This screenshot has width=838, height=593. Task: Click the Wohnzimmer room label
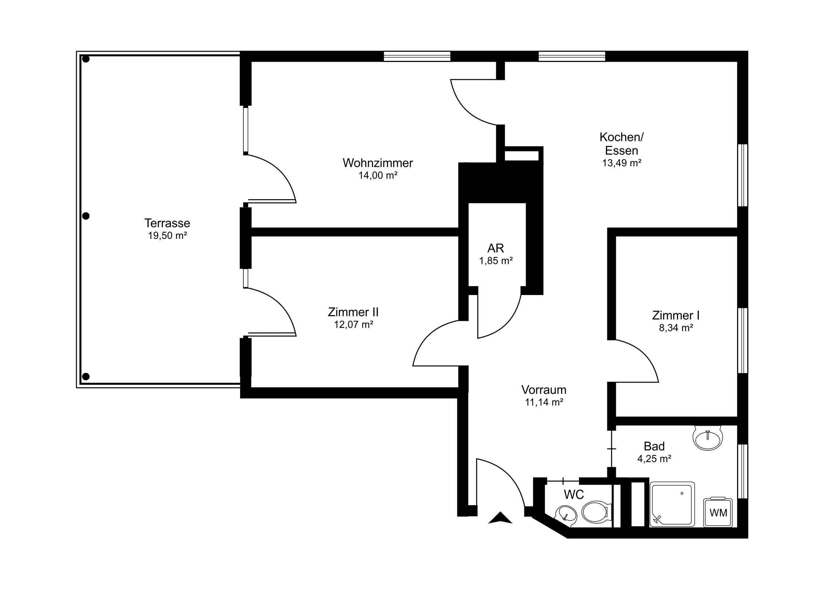pos(378,163)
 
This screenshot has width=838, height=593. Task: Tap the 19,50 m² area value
pos(168,236)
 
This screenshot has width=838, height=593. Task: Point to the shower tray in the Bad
pos(672,505)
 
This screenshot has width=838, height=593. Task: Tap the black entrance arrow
pos(500,518)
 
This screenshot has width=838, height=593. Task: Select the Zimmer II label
pos(353,312)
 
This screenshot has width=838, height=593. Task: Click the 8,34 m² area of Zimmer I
pos(676,328)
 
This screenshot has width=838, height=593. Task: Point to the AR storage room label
pos(496,248)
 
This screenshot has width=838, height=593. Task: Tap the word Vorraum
pos(544,390)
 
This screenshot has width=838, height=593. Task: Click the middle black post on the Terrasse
pos(86,216)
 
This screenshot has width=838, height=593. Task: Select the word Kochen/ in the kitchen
pos(622,137)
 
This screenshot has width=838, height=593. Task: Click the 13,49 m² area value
pos(622,163)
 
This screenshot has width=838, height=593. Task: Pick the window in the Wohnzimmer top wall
pos(417,56)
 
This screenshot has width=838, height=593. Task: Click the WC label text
pos(574,495)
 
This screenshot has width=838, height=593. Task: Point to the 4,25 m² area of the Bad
pos(654,458)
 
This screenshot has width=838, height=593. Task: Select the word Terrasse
pos(167,223)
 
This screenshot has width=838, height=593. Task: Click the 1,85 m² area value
pos(496,261)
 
